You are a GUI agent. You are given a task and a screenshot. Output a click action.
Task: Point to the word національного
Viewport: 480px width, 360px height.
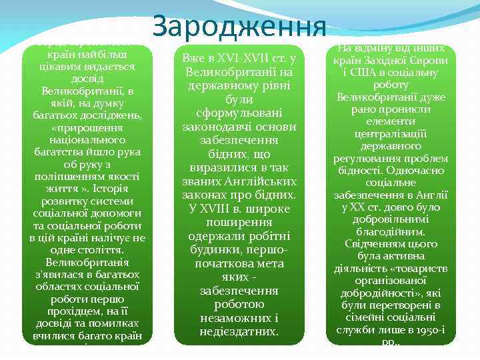click(88, 140)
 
